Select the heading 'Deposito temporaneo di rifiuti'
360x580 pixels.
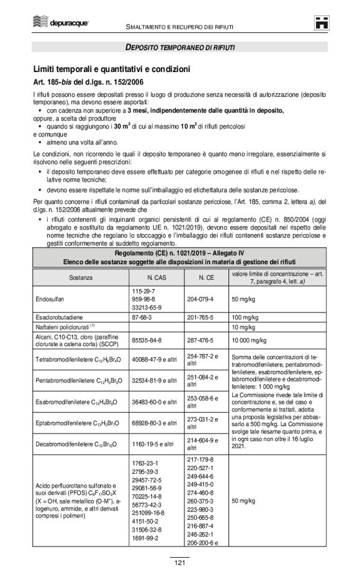click(x=180, y=47)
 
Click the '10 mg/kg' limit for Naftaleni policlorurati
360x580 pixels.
click(x=243, y=326)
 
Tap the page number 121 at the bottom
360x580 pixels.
click(x=179, y=563)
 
